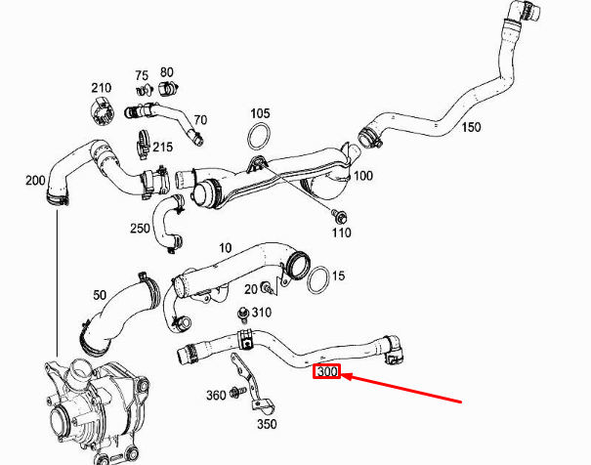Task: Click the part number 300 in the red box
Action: point(325,371)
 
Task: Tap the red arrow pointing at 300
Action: point(401,387)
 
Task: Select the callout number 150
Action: point(471,128)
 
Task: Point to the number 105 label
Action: point(259,113)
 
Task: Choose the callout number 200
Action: point(35,181)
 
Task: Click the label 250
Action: point(140,229)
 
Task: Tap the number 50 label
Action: point(99,295)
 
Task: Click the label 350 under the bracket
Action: point(267,424)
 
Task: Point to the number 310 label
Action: point(261,313)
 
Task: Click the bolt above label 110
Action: point(340,214)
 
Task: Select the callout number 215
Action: point(162,148)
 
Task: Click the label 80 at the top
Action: point(167,72)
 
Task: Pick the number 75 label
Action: point(142,75)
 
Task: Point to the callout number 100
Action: point(363,176)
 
